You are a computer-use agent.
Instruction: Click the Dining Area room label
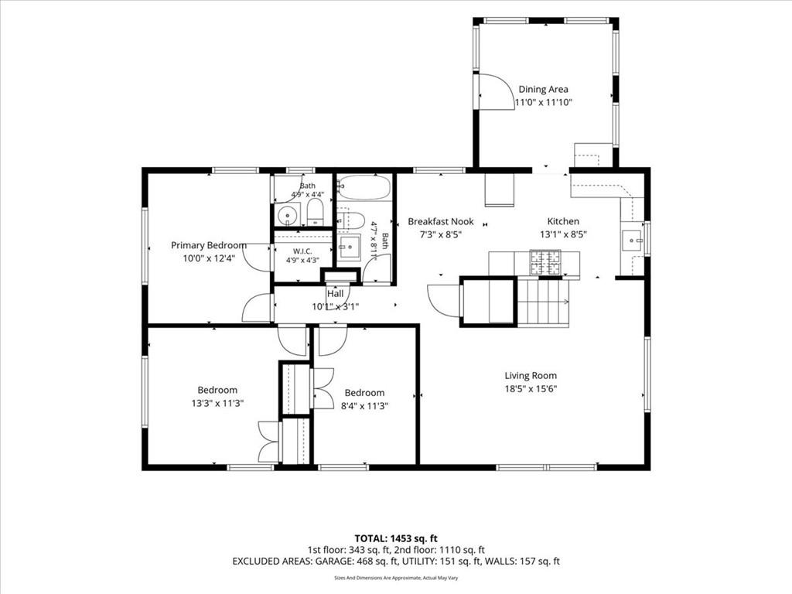coord(543,90)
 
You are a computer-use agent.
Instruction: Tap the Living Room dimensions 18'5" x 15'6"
coord(531,389)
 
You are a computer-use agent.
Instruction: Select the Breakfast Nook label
coord(441,221)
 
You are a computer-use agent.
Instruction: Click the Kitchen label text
coord(563,221)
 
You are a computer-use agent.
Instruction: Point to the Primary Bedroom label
coord(209,245)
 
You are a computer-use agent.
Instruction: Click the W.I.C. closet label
coord(302,251)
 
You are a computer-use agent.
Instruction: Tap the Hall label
coord(336,293)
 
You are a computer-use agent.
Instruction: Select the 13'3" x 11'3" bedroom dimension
coord(217,403)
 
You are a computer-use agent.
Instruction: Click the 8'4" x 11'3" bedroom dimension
coord(365,405)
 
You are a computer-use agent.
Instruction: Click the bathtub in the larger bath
coord(364,187)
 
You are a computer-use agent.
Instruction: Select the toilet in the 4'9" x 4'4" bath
coord(316,212)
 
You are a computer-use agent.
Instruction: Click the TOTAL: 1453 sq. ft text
coord(392,538)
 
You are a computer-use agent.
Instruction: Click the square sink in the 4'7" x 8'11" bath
coord(349,247)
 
